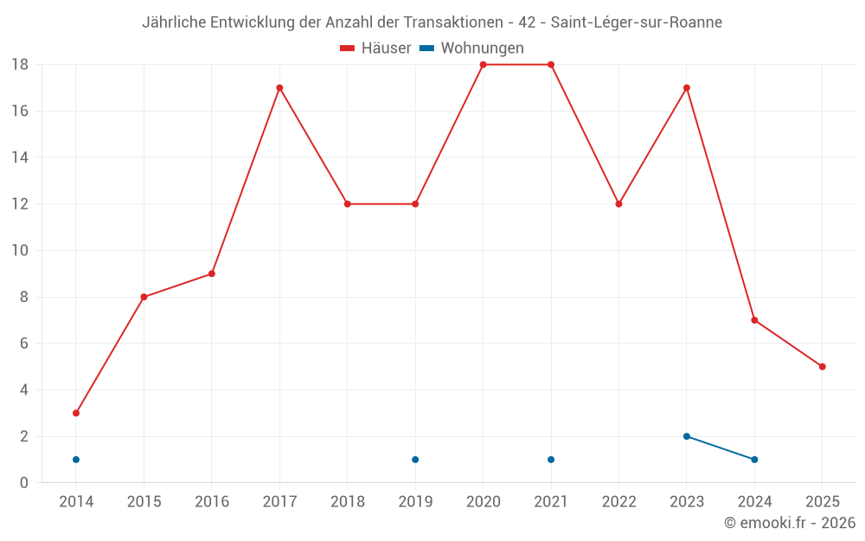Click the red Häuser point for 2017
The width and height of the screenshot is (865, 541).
(279, 87)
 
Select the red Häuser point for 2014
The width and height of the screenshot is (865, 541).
(76, 413)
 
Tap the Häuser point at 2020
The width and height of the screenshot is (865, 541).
(483, 64)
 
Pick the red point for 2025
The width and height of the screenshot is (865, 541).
(822, 366)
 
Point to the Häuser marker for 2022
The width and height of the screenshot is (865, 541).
(618, 204)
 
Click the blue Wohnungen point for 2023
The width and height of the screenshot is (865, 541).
(687, 436)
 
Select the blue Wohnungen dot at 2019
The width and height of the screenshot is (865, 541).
(415, 460)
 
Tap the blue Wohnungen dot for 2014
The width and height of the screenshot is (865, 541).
(76, 460)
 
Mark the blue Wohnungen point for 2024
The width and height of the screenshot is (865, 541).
(754, 460)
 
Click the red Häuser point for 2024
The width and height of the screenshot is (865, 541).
(754, 320)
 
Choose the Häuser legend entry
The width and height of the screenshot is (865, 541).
(375, 48)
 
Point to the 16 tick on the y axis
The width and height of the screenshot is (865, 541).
(20, 111)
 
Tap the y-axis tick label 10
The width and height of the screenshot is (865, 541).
(20, 250)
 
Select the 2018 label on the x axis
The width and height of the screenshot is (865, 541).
(347, 502)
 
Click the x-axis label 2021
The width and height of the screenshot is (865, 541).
(551, 502)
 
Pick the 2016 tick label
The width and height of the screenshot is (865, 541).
(212, 502)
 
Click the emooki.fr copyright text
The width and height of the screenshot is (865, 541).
(790, 523)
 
